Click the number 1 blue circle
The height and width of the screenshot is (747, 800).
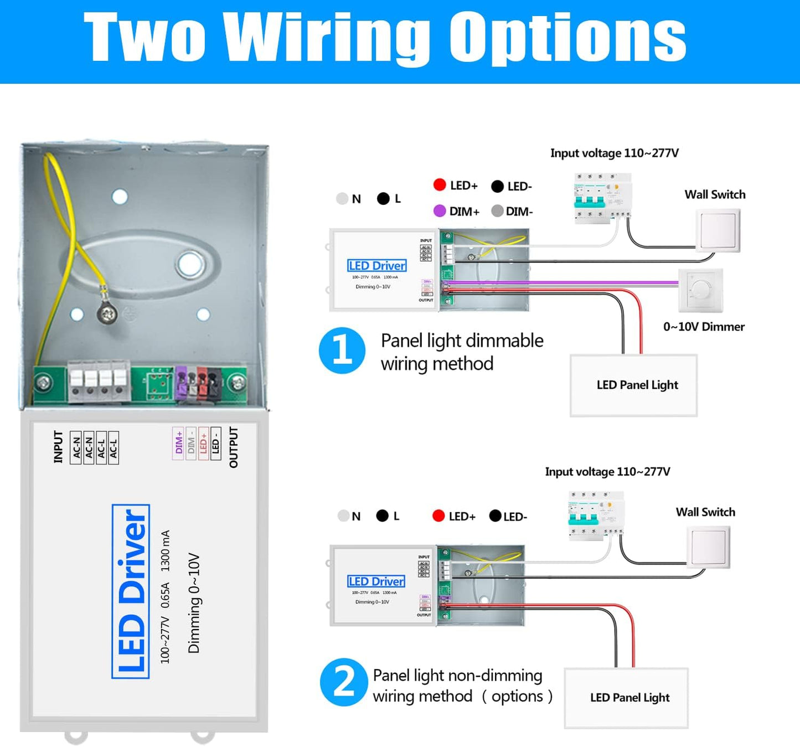pos(342,351)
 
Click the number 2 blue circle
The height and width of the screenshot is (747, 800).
pos(343,682)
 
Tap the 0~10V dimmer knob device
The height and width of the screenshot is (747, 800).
pos(701,290)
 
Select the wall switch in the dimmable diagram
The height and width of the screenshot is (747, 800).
pos(718,230)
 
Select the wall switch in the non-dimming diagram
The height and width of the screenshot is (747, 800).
pos(708,547)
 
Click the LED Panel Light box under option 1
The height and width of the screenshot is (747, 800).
pos(633,385)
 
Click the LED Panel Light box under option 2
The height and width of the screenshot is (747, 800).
pos(626,698)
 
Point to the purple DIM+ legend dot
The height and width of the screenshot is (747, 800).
pos(440,211)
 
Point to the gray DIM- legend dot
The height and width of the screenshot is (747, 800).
pos(497,211)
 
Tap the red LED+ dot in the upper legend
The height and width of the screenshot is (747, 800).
pos(440,185)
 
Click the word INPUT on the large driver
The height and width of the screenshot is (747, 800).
pos(58,446)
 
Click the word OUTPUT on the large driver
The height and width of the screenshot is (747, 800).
pos(233,447)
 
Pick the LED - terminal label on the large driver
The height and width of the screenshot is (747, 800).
pos(216,443)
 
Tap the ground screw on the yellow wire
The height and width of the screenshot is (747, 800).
pos(107,314)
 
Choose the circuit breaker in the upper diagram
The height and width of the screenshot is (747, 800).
pos(602,198)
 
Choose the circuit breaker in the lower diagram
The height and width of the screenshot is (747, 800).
pos(596,514)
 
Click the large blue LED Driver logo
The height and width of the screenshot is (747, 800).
pos(131,591)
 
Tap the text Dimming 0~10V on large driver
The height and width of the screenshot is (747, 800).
pos(194,602)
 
